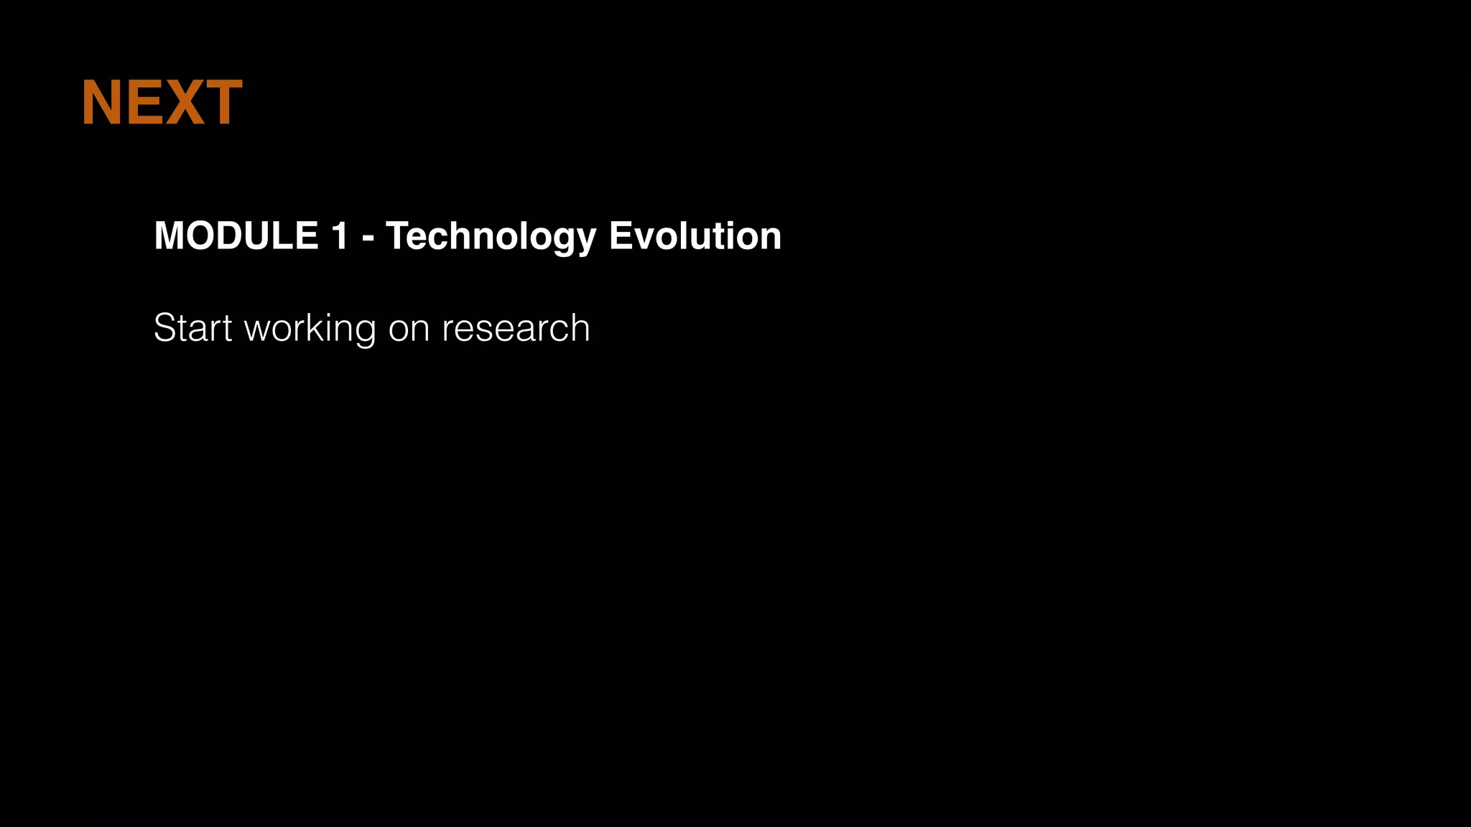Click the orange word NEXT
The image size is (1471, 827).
pyautogui.click(x=162, y=103)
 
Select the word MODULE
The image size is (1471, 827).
pyautogui.click(x=236, y=235)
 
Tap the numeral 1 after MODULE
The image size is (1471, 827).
pyautogui.click(x=340, y=235)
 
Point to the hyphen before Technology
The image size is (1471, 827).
pyautogui.click(x=368, y=238)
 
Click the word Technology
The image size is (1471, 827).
pyautogui.click(x=491, y=235)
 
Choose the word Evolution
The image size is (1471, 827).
pyautogui.click(x=695, y=235)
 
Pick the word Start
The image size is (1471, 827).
pyautogui.click(x=192, y=328)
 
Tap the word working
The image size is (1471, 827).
pyautogui.click(x=310, y=328)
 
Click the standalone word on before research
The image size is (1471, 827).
pyautogui.click(x=409, y=330)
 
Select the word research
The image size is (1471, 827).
pyautogui.click(x=516, y=328)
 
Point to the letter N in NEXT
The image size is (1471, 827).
pyautogui.click(x=101, y=103)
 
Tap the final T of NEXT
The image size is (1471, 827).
pyautogui.click(x=222, y=103)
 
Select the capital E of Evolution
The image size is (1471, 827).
pyautogui.click(x=620, y=235)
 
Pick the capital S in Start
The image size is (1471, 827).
pyautogui.click(x=166, y=328)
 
